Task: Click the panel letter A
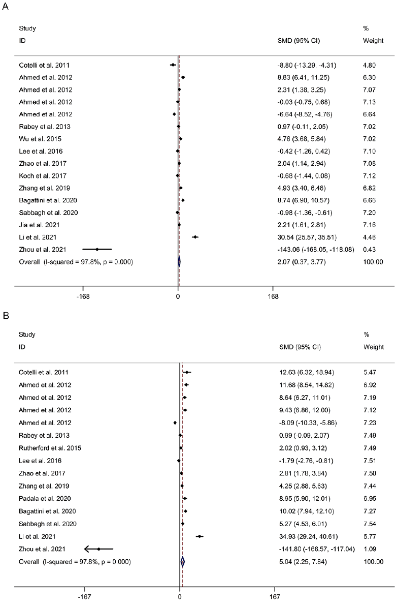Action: pos(5,7)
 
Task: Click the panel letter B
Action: pos(6,316)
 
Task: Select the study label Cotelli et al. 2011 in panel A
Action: pos(44,65)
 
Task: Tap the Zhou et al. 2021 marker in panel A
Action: pos(97,249)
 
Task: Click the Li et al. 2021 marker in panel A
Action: pos(195,237)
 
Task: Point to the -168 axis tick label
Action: pos(83,296)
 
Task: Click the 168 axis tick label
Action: pos(273,296)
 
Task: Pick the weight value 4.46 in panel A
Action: pos(369,237)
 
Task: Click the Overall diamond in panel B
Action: pos(183,562)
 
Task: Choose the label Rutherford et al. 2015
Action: pos(50,448)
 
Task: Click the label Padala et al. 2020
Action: pos(45,499)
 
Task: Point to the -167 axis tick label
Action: pos(84,597)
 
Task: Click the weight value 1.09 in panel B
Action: pos(370,549)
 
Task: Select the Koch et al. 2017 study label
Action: pos(43,176)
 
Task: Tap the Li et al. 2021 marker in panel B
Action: pos(200,536)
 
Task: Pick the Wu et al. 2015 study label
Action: pos(40,139)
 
